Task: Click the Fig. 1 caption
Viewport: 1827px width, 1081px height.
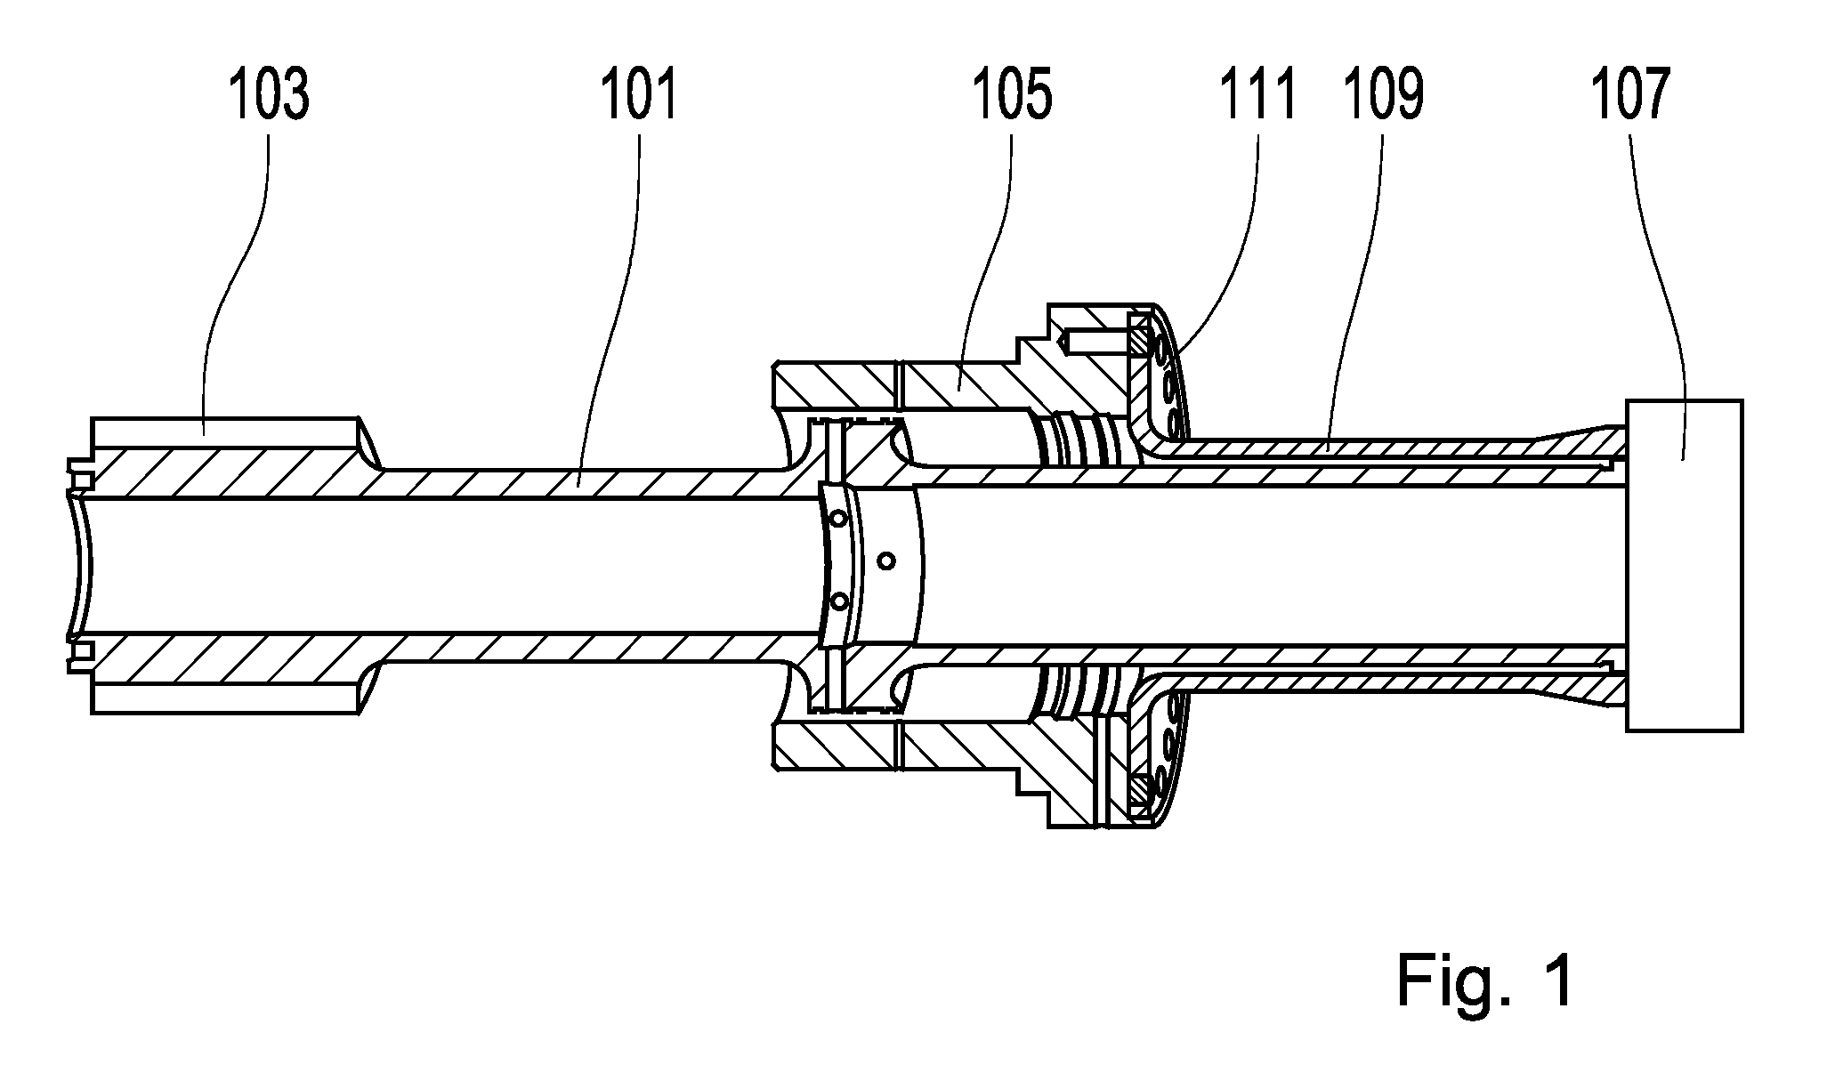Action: (x=1484, y=980)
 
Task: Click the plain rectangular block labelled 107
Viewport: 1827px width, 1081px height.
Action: (x=1684, y=566)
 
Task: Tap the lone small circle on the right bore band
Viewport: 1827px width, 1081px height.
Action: (x=885, y=560)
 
